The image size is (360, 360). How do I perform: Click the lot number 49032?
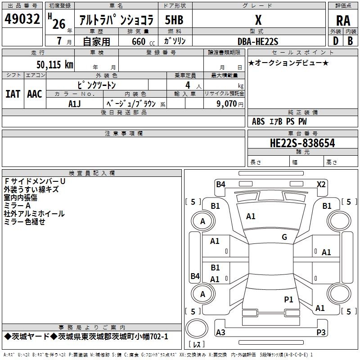[22, 20]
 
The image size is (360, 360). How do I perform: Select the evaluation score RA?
[343, 20]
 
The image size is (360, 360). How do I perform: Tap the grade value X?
[258, 20]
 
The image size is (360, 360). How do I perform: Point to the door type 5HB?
[174, 20]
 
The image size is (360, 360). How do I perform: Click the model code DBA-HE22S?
[258, 41]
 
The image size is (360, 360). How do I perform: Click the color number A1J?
[75, 103]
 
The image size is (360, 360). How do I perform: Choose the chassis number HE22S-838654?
[302, 143]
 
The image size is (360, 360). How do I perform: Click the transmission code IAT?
[13, 94]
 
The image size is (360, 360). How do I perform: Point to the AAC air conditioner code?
[35, 94]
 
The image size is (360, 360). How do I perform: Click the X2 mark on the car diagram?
[321, 184]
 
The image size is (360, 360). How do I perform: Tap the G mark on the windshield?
[284, 237]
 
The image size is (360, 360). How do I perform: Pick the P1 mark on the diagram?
[288, 299]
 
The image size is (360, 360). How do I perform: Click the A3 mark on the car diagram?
[220, 332]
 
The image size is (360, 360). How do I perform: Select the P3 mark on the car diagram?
[321, 332]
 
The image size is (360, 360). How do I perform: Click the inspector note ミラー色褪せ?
[24, 222]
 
